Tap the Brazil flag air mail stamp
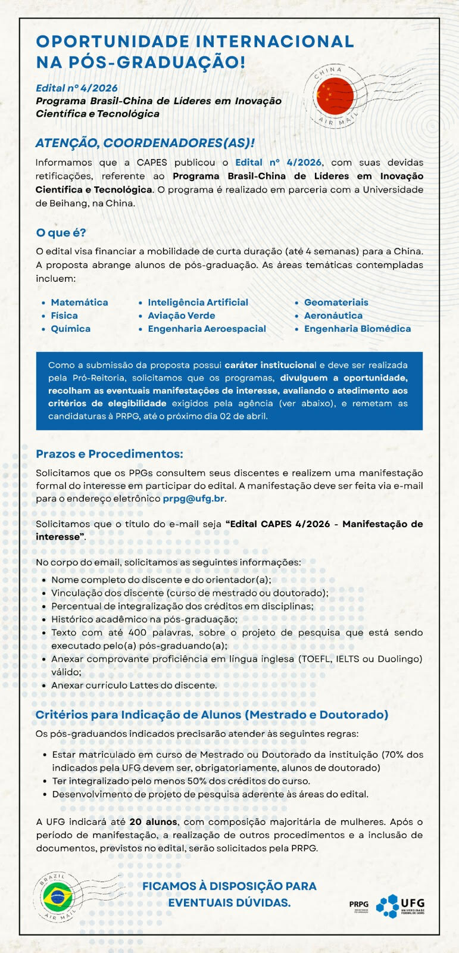pos(57,896)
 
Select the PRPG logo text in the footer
pos(359,904)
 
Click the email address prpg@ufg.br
pos(193,499)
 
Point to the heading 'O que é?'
pos(61,233)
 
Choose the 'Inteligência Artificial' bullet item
pos(198,303)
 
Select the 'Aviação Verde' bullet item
pos(181,316)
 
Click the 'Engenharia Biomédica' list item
pos(357,329)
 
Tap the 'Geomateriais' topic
pos(336,303)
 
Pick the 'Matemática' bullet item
pos(79,303)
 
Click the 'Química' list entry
pos(70,329)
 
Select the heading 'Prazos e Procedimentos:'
pos(110,454)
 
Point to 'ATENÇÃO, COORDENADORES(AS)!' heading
pos(145,143)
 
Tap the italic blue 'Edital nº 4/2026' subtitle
pos(77,88)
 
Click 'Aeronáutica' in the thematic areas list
pos(333,316)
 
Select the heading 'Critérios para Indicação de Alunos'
pos(211,715)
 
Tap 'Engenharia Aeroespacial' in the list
pos(207,329)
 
